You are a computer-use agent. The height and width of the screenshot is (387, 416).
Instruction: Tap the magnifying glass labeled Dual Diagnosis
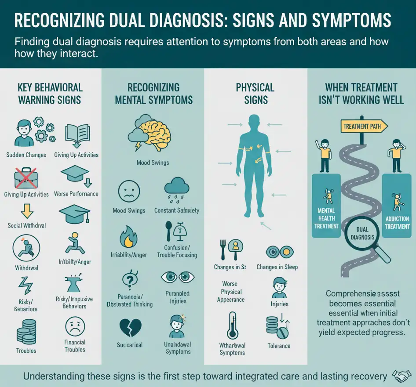[362, 234]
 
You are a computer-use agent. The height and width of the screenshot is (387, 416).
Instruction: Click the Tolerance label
[279, 346]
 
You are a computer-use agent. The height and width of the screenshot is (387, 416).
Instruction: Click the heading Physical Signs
[255, 93]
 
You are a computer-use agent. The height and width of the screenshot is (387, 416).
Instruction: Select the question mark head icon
[129, 280]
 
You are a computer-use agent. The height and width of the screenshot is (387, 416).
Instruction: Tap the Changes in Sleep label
[277, 267]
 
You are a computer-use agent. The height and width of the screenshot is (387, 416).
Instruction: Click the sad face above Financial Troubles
[74, 326]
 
